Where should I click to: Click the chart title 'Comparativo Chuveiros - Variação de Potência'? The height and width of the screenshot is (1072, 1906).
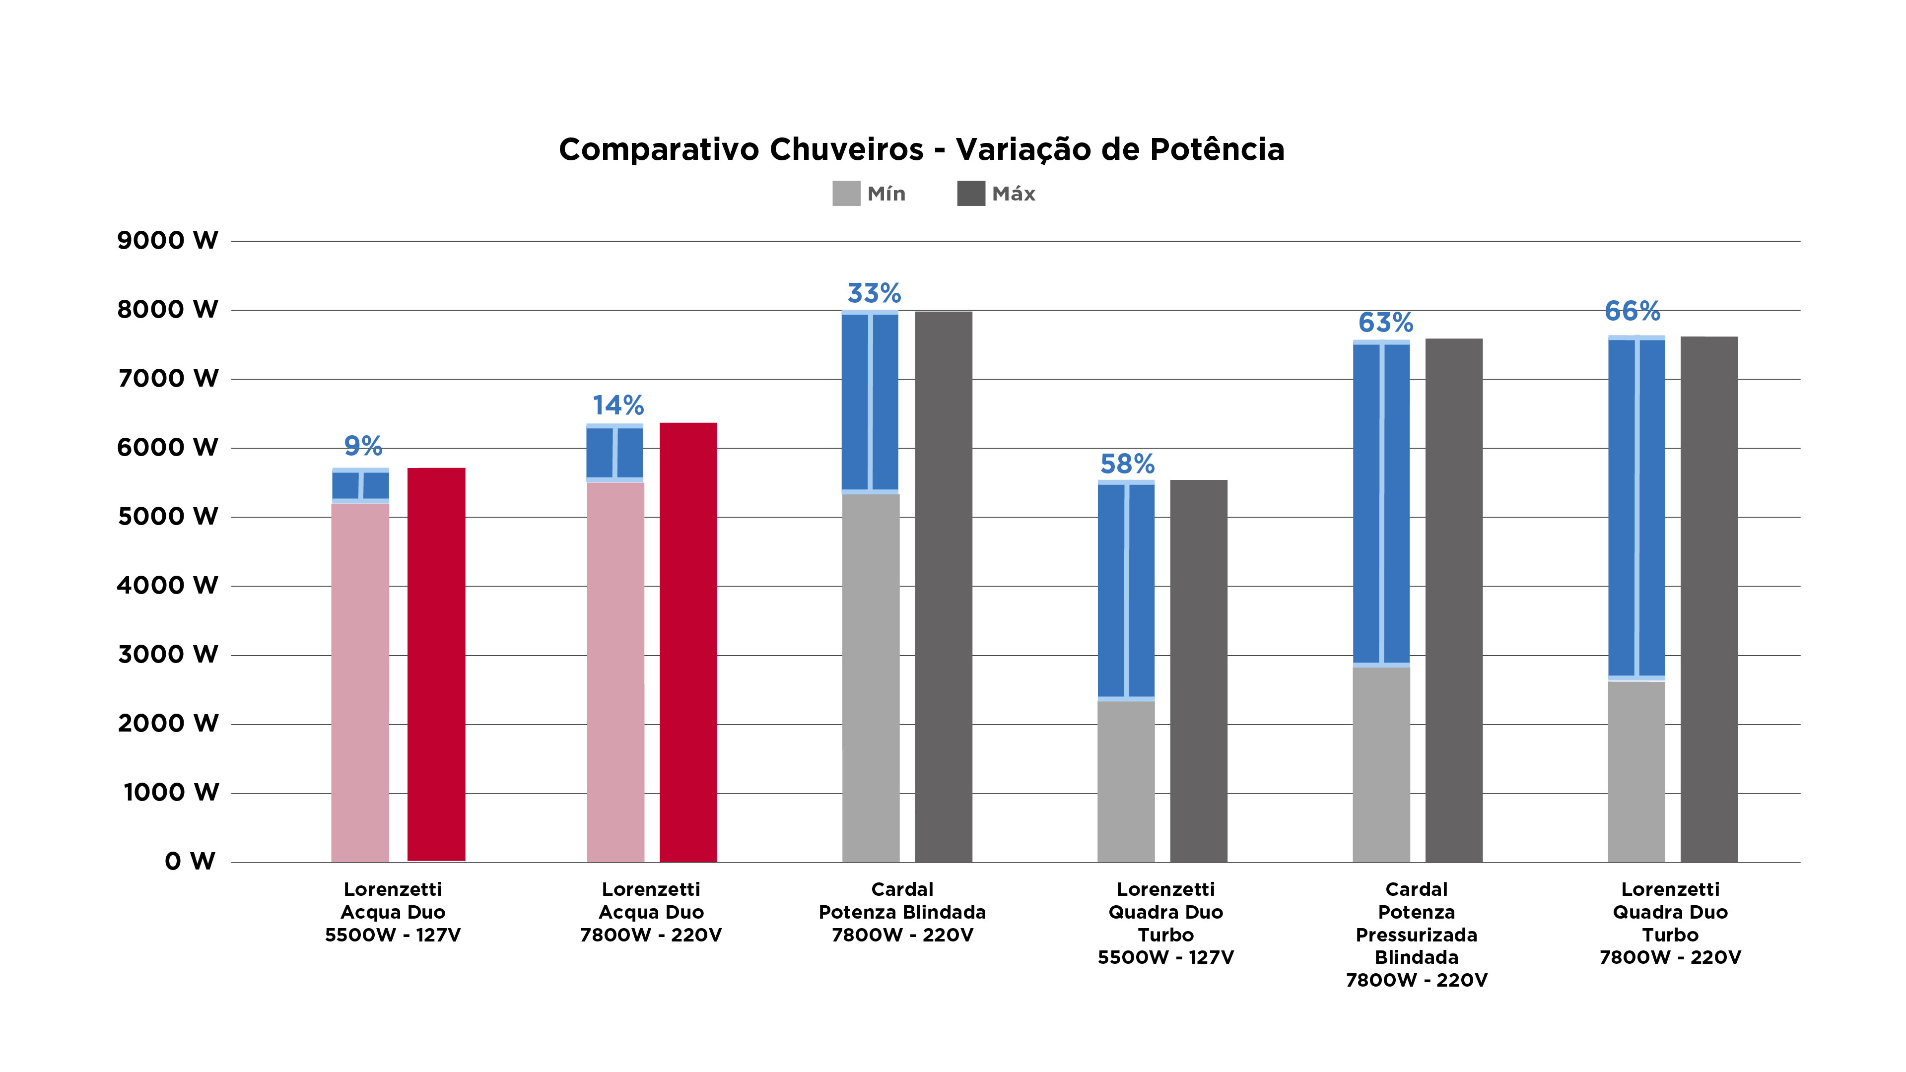(921, 149)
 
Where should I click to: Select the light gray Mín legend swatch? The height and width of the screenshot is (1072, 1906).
(846, 194)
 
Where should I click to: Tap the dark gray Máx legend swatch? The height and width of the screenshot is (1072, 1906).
(971, 194)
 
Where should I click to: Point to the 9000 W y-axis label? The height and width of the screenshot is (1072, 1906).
(168, 240)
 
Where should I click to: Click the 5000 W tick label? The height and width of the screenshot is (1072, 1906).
(168, 516)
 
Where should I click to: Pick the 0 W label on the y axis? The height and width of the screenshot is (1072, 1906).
(190, 861)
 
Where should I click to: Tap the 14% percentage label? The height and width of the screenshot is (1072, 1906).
(618, 405)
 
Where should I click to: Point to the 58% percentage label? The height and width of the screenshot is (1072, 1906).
(1127, 464)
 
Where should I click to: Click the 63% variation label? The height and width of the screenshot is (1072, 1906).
(1385, 323)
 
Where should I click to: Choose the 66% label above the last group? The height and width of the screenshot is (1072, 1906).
(1632, 311)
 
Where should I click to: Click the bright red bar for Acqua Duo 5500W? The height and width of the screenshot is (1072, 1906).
(437, 665)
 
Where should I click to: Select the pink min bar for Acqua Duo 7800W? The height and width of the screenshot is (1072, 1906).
(615, 672)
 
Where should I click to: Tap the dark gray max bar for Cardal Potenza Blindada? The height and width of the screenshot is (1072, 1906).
(944, 587)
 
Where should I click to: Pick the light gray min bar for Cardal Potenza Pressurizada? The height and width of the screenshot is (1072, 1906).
(1381, 764)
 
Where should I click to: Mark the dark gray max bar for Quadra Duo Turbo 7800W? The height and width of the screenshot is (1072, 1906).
(1709, 599)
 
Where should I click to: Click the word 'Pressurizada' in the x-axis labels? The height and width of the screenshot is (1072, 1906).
(1416, 935)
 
